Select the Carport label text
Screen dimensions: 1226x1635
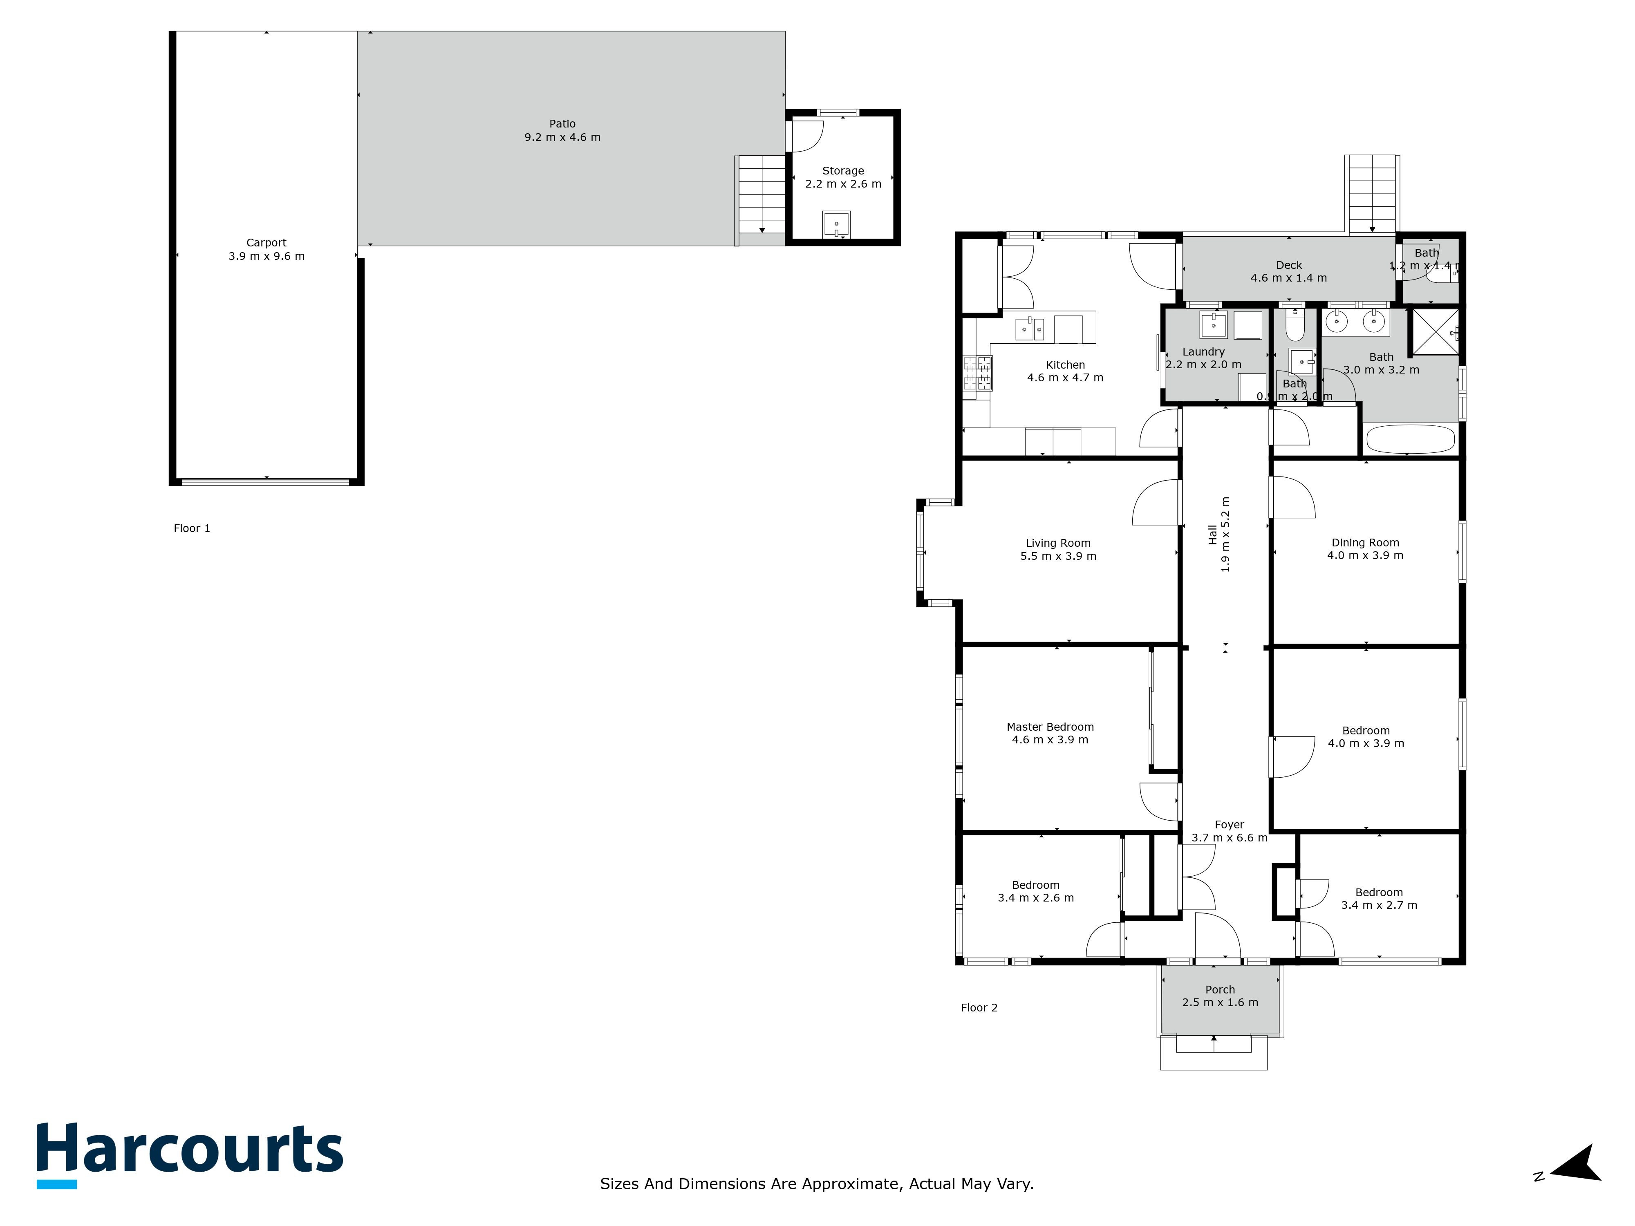point(266,242)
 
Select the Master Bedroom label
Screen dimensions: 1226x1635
point(1050,727)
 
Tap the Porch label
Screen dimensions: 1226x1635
point(1220,989)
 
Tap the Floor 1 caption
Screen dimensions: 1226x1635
point(191,528)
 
